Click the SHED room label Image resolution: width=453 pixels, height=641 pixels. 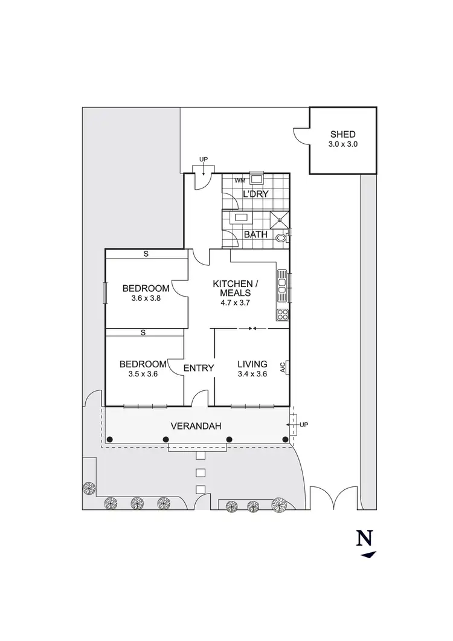pyautogui.click(x=342, y=134)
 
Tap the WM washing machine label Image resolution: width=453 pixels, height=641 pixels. pyautogui.click(x=240, y=180)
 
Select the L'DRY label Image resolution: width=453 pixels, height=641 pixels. pyautogui.click(x=255, y=194)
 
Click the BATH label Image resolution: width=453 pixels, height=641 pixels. pyautogui.click(x=255, y=234)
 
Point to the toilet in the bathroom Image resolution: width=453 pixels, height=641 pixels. pyautogui.click(x=281, y=239)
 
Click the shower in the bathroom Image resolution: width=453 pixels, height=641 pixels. pyautogui.click(x=278, y=220)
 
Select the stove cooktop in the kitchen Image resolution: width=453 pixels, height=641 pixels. pyautogui.click(x=282, y=314)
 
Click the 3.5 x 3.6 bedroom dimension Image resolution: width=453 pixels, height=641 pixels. pyautogui.click(x=143, y=374)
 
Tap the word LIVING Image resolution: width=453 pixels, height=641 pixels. pyautogui.click(x=252, y=364)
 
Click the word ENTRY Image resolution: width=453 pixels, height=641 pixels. pyautogui.click(x=199, y=367)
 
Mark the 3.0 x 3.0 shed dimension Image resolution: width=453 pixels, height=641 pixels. pyautogui.click(x=342, y=144)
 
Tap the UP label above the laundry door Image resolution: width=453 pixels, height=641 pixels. pyautogui.click(x=204, y=159)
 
